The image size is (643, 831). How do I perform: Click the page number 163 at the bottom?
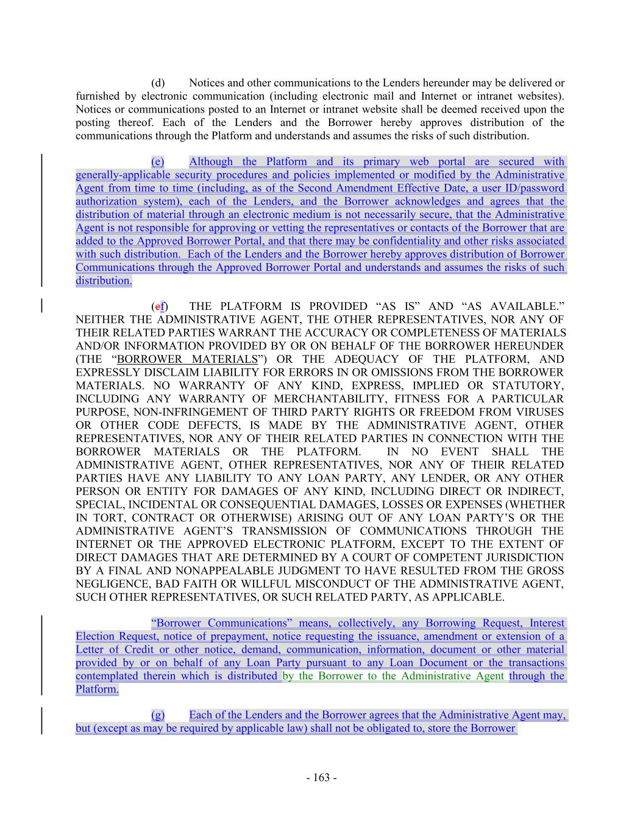(x=321, y=777)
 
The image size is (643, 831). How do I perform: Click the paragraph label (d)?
(x=158, y=83)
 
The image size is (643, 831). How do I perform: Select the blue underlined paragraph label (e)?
(x=158, y=161)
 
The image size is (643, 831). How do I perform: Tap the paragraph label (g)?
(x=158, y=715)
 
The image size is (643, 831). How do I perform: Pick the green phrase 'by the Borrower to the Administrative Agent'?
(x=393, y=676)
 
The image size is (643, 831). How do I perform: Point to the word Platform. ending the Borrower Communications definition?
(x=98, y=689)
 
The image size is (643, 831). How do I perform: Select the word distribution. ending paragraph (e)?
(x=104, y=281)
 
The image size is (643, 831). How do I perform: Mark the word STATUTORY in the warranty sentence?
(x=527, y=385)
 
